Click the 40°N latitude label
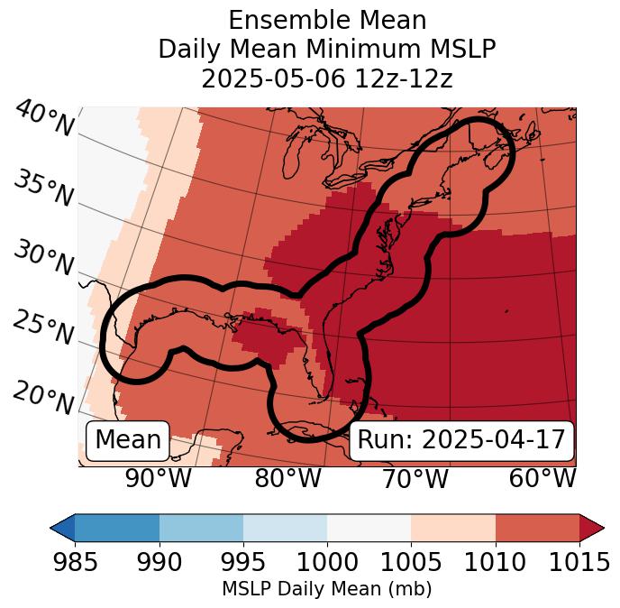click(43, 120)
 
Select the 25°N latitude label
click(43, 328)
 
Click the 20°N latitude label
click(43, 397)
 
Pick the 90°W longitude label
click(159, 479)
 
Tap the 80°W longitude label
click(287, 479)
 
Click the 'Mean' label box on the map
click(128, 440)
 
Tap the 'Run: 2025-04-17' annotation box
click(461, 440)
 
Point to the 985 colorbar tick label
click(75, 563)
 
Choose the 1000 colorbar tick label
click(327, 563)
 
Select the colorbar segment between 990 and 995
click(201, 528)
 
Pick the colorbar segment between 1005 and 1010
click(453, 528)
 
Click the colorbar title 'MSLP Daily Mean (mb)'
click(327, 589)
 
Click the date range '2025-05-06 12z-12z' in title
click(327, 78)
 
